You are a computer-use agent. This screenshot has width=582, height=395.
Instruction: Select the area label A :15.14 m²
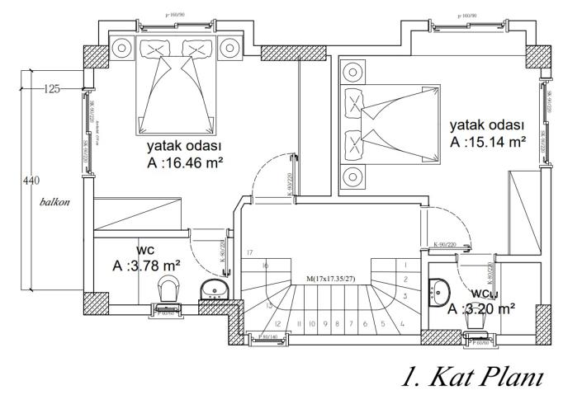(x=488, y=141)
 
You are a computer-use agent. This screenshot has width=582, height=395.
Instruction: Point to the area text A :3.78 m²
(x=147, y=266)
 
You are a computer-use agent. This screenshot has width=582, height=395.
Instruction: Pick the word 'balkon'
(x=53, y=201)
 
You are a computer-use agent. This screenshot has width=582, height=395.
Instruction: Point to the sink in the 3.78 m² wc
(x=216, y=289)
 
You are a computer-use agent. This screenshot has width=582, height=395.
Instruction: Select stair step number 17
(x=248, y=252)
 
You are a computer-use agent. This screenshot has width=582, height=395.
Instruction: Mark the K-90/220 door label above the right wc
(x=446, y=244)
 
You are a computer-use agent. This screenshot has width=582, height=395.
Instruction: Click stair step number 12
(x=278, y=324)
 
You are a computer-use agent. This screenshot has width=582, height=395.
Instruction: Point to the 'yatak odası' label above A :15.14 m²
(x=487, y=125)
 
